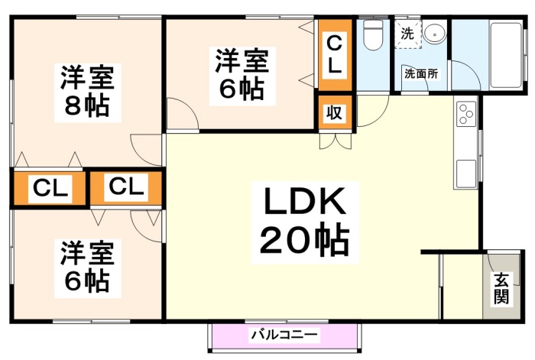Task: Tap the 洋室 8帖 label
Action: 87,92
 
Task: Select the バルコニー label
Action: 284,335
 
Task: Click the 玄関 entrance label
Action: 501,288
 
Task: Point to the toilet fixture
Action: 373,34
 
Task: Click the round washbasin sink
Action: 434,34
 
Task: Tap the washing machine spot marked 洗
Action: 407,34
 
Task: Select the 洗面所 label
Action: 421,73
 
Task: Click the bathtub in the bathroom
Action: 505,56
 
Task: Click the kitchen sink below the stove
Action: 465,174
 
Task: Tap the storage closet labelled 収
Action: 335,112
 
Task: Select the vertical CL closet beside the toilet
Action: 335,54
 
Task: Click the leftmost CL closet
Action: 49,188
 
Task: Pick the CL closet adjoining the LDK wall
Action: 126,188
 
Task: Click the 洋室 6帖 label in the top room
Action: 242,76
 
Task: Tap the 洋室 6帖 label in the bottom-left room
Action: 87,268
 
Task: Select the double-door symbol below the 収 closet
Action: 335,141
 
